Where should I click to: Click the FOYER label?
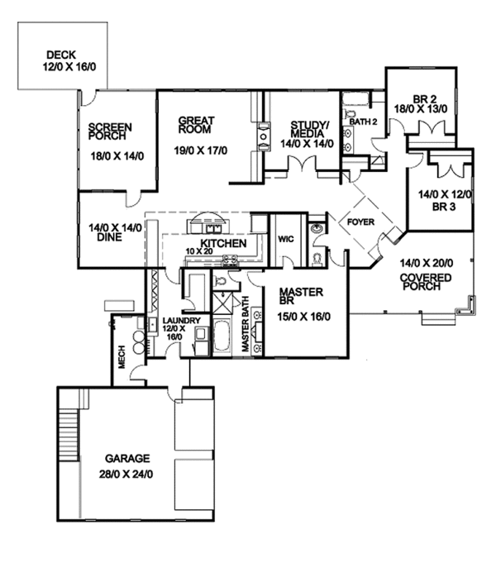click(x=360, y=222)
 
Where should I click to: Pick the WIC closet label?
click(x=286, y=239)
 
